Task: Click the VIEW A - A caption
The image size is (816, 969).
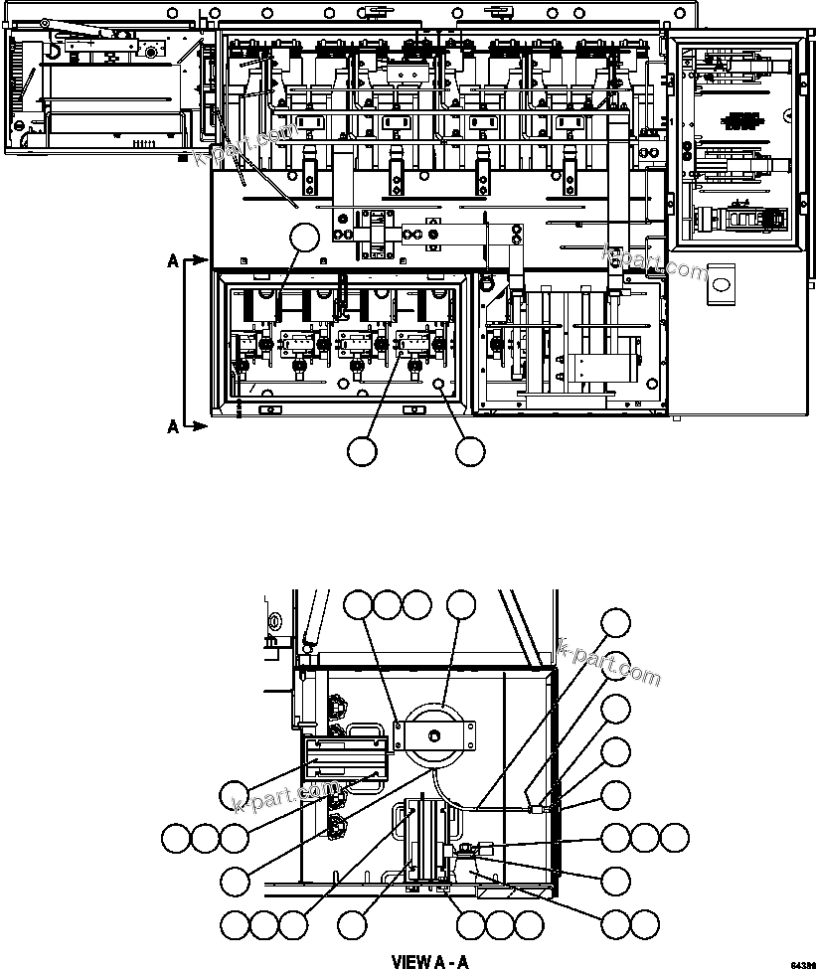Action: coord(429,961)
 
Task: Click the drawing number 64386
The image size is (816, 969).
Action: coord(802,964)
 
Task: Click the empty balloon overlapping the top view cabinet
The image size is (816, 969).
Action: coord(304,239)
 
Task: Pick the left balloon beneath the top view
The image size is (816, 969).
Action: coord(362,451)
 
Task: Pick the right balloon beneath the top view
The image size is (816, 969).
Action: coord(470,451)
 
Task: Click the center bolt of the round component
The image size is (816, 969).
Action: coord(434,736)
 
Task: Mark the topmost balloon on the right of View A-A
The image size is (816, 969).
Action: coord(616,623)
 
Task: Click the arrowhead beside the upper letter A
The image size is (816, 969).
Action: coord(202,261)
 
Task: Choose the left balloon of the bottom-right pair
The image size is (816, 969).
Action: coord(616,925)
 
